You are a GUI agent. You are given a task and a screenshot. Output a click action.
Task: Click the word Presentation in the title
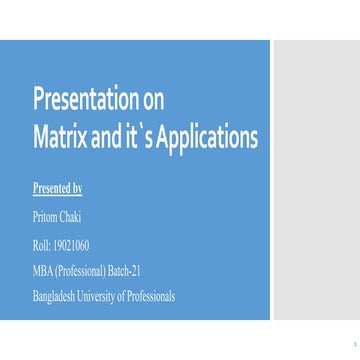click(x=81, y=97)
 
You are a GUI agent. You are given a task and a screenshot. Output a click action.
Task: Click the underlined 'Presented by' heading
click(x=57, y=187)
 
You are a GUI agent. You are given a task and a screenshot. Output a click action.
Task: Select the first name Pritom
click(x=45, y=217)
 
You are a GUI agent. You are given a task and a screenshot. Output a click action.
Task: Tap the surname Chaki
click(x=70, y=217)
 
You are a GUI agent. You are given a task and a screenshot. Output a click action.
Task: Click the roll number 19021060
click(x=72, y=244)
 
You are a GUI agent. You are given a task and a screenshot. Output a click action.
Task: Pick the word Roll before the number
click(x=42, y=244)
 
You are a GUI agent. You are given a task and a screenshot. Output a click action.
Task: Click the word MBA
click(x=43, y=270)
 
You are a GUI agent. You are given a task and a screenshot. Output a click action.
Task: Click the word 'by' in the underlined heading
click(x=77, y=187)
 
